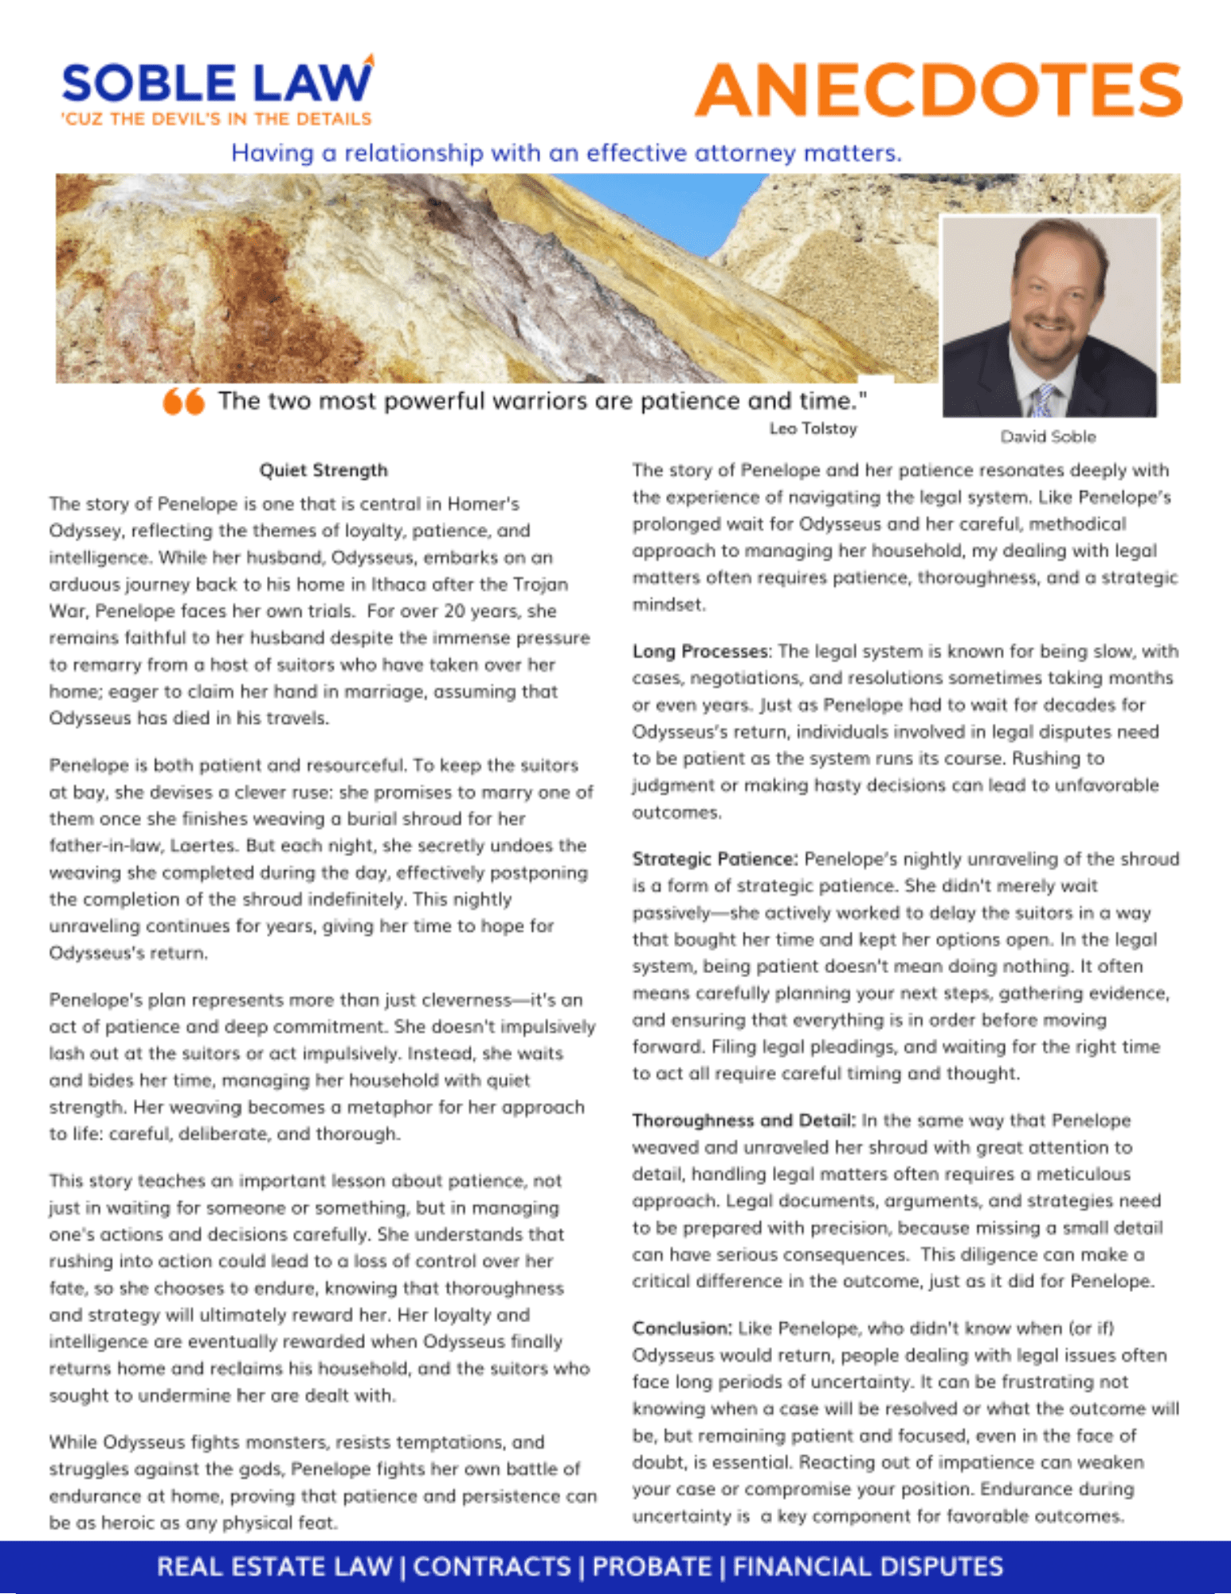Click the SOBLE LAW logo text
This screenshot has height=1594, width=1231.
216,83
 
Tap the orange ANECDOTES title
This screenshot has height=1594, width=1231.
939,90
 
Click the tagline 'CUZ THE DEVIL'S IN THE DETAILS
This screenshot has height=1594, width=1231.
217,120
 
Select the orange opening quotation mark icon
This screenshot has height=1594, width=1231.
183,401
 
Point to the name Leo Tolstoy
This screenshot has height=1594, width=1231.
813,429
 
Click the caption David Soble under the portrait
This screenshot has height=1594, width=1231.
1048,437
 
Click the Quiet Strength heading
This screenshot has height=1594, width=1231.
323,470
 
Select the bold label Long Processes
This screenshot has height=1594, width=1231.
700,651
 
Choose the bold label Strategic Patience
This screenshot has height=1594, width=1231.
714,859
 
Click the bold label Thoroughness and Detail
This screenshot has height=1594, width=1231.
743,1121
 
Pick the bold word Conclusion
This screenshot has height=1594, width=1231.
681,1329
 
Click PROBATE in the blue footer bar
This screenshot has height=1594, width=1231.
651,1567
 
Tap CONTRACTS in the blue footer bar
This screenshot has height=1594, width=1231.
492,1567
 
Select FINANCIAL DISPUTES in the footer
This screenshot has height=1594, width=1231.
867,1567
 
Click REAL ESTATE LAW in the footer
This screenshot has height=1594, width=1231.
275,1567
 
